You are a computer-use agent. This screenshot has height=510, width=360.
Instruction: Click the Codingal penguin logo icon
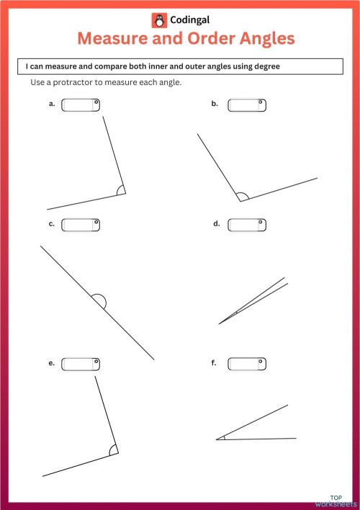point(158,20)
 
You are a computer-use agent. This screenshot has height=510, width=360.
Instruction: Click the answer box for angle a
point(81,105)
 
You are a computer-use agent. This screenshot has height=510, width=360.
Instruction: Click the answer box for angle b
point(247,105)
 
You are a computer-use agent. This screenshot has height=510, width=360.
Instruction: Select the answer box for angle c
point(81,225)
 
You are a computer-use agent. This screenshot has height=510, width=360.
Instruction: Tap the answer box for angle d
point(247,225)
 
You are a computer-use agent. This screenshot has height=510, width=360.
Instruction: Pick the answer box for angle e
point(81,364)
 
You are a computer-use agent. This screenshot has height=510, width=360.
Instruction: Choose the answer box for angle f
point(247,364)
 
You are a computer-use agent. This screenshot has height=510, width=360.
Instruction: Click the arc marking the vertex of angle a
point(120,191)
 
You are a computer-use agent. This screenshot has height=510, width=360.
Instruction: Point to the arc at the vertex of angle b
point(242,195)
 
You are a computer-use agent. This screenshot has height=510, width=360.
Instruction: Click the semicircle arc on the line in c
point(99,300)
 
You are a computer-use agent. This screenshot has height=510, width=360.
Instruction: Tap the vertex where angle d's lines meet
point(220,323)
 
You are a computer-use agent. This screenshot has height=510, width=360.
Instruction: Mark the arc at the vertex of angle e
point(112,449)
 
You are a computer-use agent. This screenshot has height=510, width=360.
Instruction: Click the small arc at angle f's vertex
point(222,437)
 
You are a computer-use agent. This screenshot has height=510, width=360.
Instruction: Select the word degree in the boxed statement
point(264,66)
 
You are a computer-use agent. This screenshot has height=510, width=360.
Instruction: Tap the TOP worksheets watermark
point(335,500)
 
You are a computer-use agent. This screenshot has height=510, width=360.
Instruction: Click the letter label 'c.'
point(52,224)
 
